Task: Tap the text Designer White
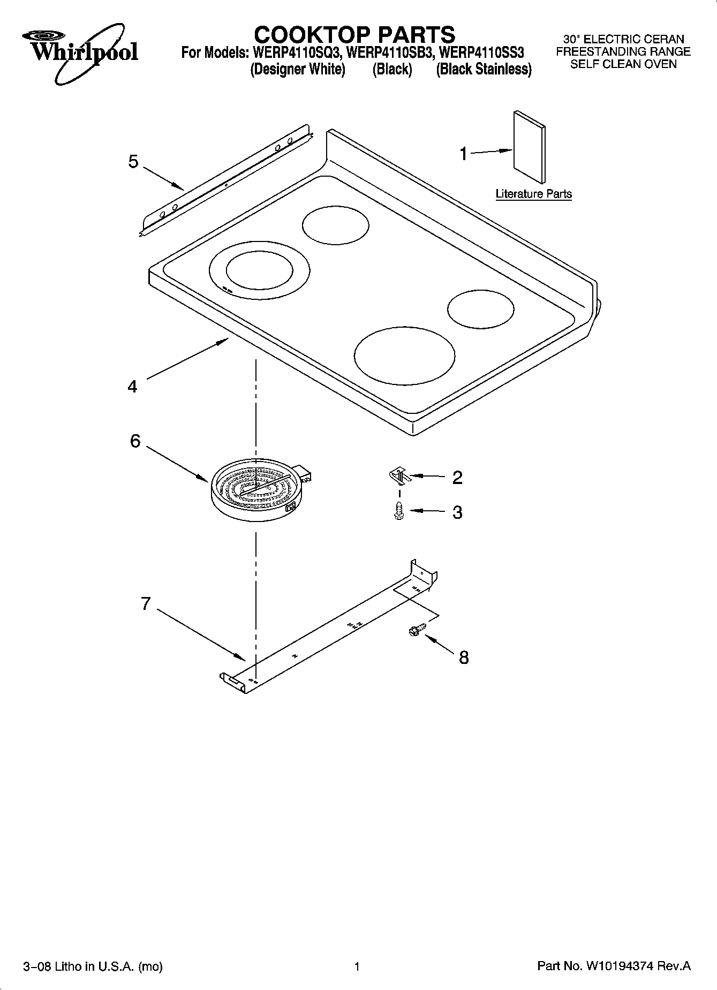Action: tap(298, 70)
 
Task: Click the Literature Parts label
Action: tap(533, 194)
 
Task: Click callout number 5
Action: tap(133, 162)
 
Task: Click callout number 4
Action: tap(132, 386)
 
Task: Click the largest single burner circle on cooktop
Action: tap(404, 354)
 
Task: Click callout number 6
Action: tap(135, 441)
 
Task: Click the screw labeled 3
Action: tap(398, 511)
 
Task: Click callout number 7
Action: tap(146, 603)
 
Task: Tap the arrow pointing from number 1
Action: tap(490, 152)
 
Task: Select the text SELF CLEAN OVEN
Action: tap(623, 64)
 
